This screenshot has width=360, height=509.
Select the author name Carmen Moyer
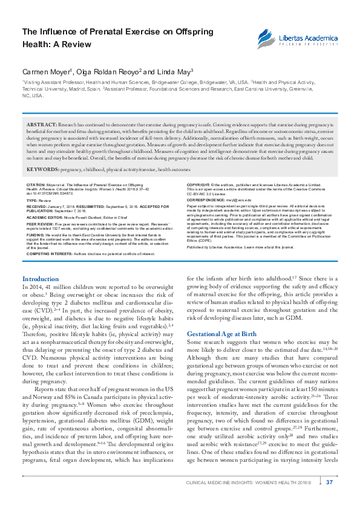tap(46, 71)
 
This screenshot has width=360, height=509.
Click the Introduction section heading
tap(41, 279)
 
